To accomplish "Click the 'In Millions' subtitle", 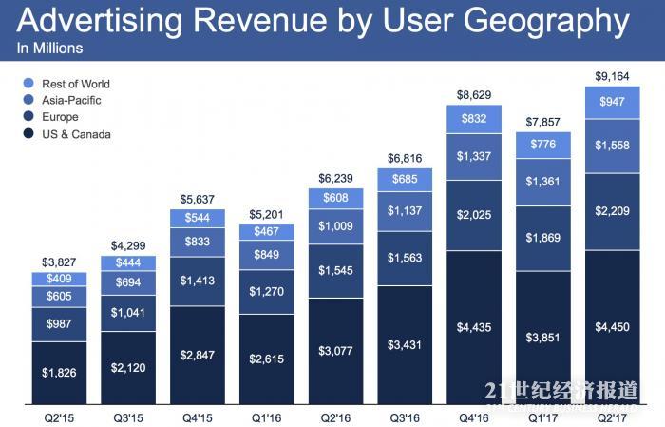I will click(x=50, y=48).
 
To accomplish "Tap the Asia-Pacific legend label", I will click(x=72, y=100).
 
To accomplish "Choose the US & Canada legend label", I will click(x=76, y=134).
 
